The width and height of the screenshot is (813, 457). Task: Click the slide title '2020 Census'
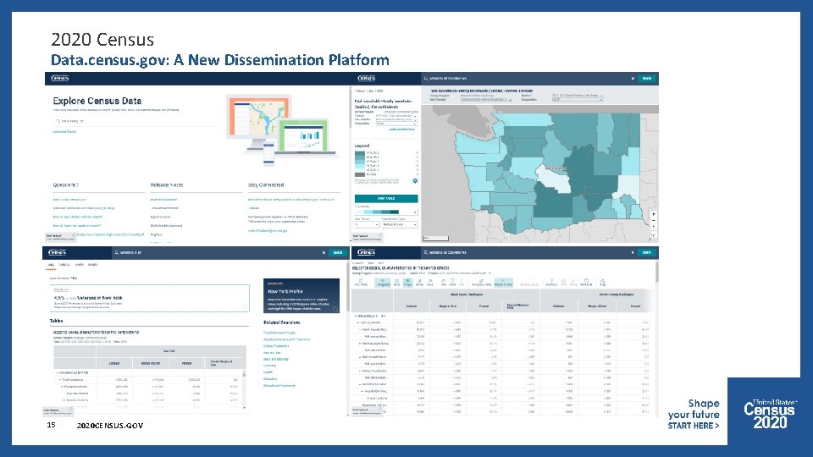[102, 39]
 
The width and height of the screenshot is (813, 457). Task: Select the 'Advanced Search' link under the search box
[64, 131]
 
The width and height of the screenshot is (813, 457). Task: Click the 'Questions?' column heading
[65, 184]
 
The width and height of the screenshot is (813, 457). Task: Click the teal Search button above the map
[646, 79]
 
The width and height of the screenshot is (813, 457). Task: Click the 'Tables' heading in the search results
[58, 322]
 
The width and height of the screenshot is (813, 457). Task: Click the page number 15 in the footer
[52, 424]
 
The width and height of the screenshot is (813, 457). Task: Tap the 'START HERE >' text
[693, 426]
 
